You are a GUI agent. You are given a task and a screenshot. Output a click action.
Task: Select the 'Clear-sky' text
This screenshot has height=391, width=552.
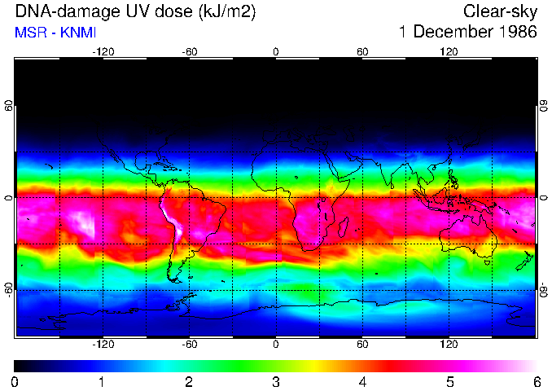[x=500, y=12]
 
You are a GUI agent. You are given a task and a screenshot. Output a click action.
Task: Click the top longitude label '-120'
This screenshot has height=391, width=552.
[x=103, y=51]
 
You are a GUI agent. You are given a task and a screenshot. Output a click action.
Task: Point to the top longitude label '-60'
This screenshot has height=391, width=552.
[x=190, y=51]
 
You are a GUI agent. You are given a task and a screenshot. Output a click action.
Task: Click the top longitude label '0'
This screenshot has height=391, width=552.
[x=276, y=51]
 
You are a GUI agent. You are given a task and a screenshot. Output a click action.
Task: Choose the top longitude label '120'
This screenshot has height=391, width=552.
[x=449, y=51]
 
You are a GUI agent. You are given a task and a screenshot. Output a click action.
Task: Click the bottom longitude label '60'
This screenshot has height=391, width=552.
[x=362, y=345]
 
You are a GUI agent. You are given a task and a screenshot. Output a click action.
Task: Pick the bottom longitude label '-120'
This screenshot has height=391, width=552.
[x=103, y=345]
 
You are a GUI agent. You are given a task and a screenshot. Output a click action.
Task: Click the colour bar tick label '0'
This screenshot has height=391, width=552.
[x=15, y=381]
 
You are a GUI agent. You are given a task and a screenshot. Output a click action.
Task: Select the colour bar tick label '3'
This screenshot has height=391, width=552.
[x=276, y=381]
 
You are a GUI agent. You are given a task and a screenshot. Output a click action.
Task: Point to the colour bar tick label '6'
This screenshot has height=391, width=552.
[x=536, y=381]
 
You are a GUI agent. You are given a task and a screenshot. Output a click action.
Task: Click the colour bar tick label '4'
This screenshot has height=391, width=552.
[x=362, y=381]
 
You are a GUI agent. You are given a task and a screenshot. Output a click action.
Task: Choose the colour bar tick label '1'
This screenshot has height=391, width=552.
[x=103, y=381]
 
